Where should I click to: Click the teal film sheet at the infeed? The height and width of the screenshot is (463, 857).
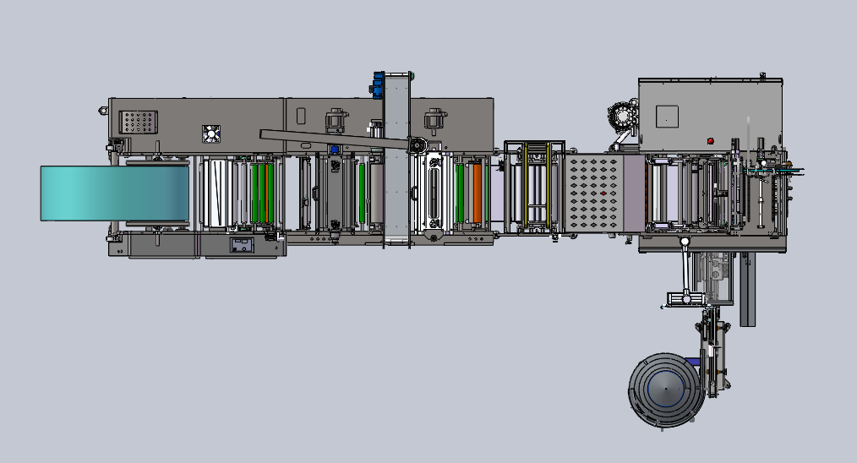114,193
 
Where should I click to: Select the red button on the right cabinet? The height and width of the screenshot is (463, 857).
710,140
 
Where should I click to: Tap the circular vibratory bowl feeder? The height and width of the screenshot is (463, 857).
664,390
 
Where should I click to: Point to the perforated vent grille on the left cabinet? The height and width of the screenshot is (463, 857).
139,123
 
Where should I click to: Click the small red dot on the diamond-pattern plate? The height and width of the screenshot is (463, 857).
601,194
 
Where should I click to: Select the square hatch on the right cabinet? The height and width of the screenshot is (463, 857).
667,117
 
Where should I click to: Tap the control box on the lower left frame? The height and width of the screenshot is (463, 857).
242,245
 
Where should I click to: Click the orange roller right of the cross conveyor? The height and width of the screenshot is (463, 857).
478,193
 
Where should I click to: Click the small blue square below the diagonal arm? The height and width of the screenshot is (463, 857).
335,150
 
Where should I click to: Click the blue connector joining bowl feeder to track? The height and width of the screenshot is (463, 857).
699,362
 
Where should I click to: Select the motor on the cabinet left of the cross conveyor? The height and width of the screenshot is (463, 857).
336,119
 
